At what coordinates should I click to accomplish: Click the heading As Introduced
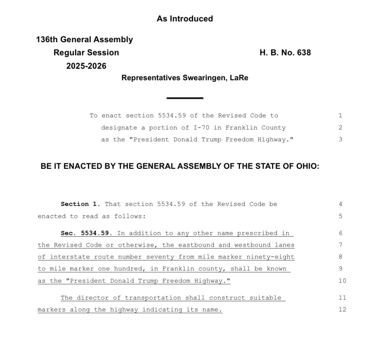click(x=185, y=19)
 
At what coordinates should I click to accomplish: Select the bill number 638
click(x=304, y=53)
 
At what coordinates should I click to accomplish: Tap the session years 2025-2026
click(x=86, y=66)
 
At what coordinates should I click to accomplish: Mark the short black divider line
click(x=185, y=98)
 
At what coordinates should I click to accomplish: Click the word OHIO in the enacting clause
click(x=307, y=166)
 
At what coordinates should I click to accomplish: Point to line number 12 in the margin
click(x=342, y=310)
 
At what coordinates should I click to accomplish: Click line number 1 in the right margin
click(x=341, y=116)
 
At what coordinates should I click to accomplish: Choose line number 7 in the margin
click(x=341, y=245)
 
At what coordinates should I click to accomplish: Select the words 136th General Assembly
click(x=84, y=40)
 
